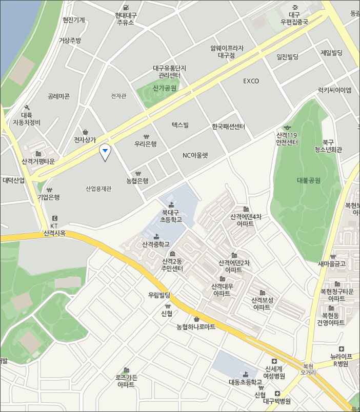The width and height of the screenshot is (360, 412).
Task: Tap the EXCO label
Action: point(251,81)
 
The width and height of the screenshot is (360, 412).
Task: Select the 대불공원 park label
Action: point(308,180)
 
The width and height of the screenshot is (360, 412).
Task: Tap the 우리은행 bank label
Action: point(145,144)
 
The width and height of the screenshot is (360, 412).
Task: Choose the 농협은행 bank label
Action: point(137,180)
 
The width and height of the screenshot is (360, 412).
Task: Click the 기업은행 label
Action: point(49,197)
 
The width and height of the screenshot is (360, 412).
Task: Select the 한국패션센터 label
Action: point(229,127)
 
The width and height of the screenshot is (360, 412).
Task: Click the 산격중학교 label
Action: point(156,244)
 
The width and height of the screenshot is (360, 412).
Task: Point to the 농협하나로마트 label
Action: point(196,326)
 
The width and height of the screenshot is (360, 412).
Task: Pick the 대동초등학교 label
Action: point(245,382)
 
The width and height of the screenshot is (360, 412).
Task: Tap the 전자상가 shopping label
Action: point(85,139)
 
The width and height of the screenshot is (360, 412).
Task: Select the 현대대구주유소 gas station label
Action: point(126,18)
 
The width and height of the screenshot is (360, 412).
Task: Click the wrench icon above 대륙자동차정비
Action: point(27,108)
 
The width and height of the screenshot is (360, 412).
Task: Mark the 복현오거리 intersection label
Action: point(308,369)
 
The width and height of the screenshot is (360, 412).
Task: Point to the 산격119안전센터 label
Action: point(287,139)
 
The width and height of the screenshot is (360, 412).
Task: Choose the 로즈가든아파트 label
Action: point(126,381)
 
